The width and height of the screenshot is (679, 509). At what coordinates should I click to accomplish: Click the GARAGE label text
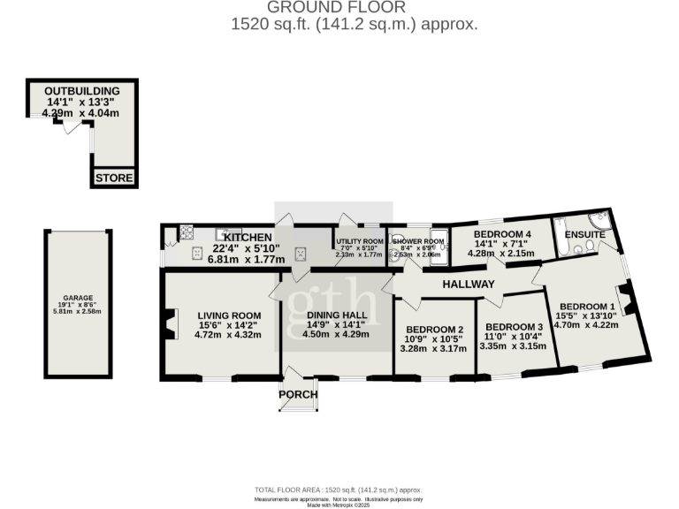(78, 298)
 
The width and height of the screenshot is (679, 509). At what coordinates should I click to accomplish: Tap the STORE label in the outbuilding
(114, 179)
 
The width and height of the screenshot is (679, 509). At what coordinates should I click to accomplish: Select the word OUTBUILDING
(81, 91)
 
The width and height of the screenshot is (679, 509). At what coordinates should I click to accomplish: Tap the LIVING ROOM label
(228, 315)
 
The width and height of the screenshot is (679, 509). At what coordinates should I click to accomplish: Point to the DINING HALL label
(335, 315)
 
